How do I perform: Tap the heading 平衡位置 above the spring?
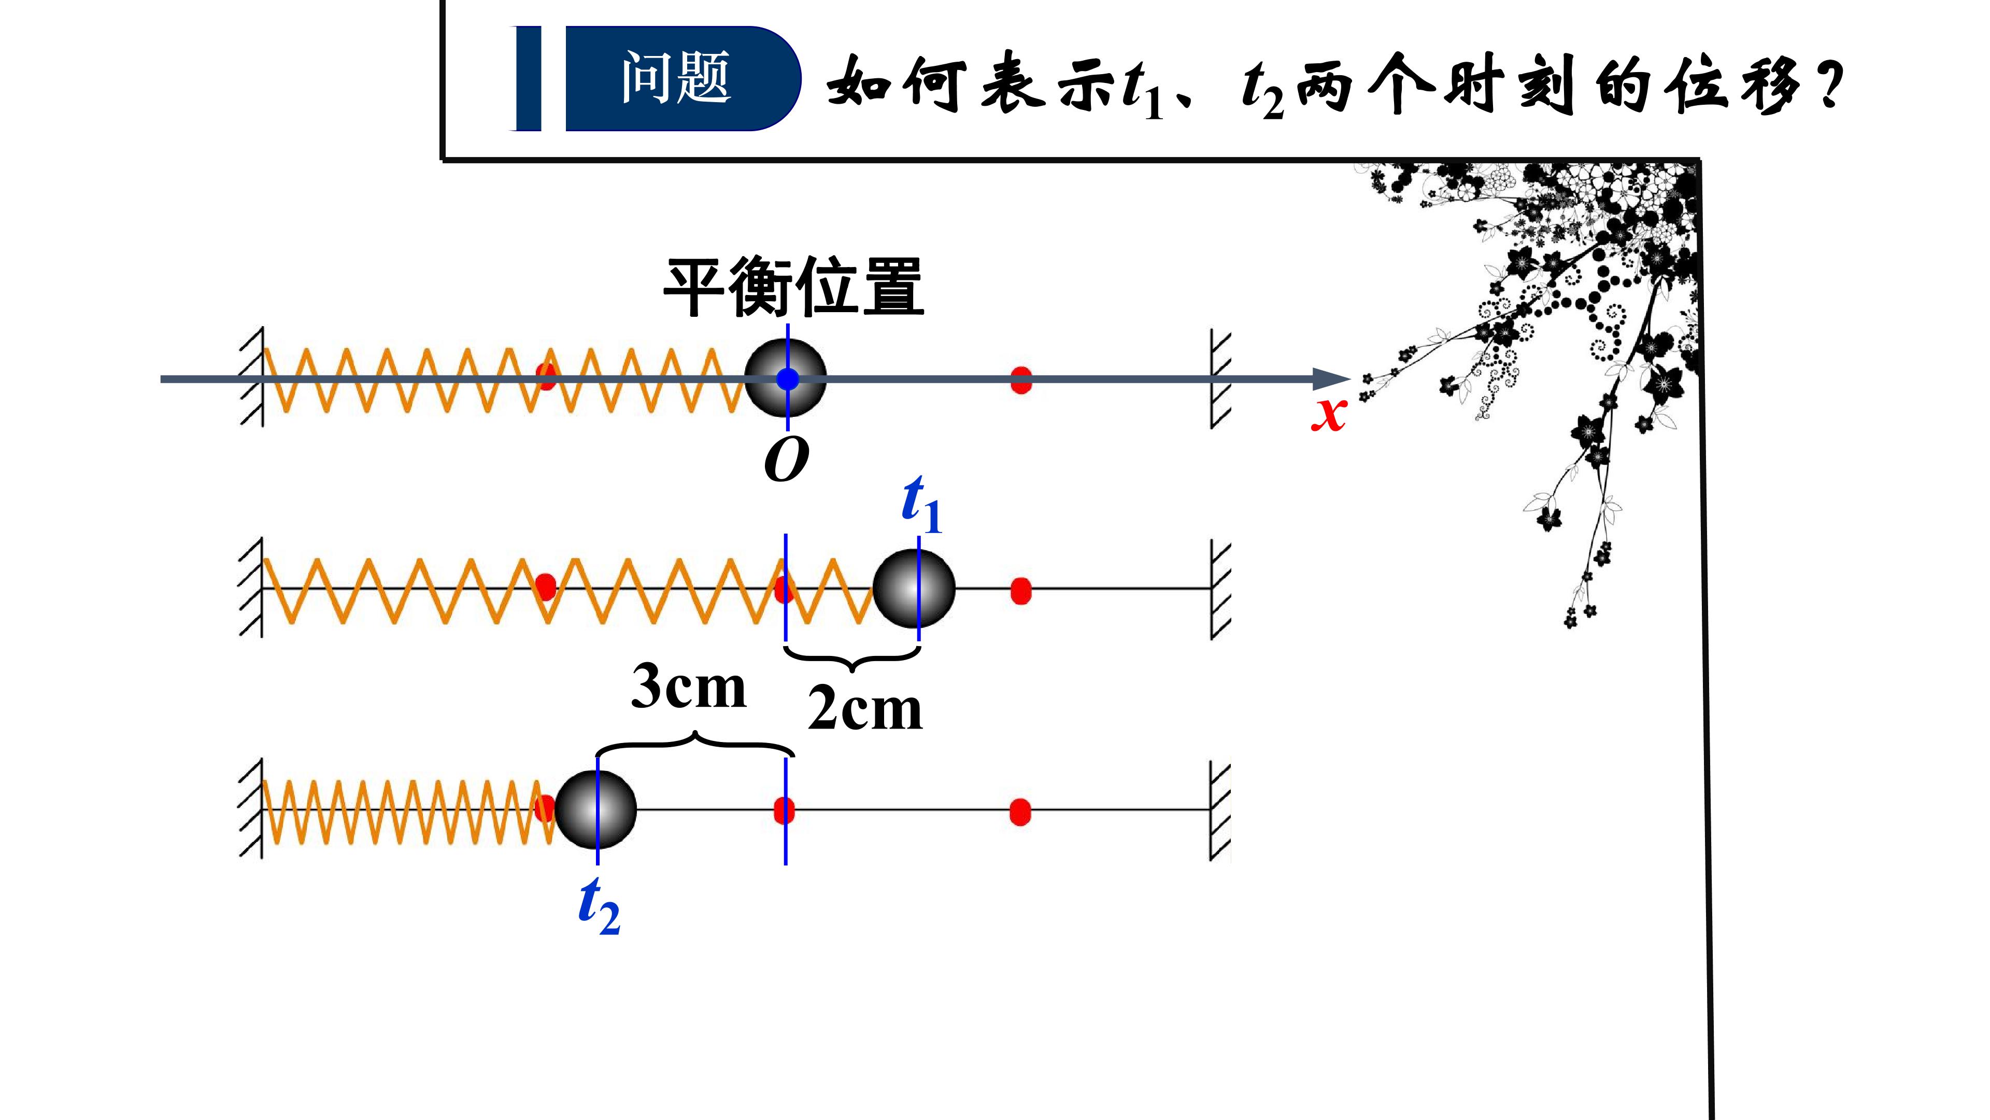point(794,288)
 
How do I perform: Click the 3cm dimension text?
point(688,687)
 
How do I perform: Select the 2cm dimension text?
point(865,709)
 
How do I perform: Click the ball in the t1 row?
point(914,589)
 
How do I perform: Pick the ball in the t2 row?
point(595,809)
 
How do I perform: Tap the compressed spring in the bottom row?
point(409,811)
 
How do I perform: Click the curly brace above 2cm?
point(852,658)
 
